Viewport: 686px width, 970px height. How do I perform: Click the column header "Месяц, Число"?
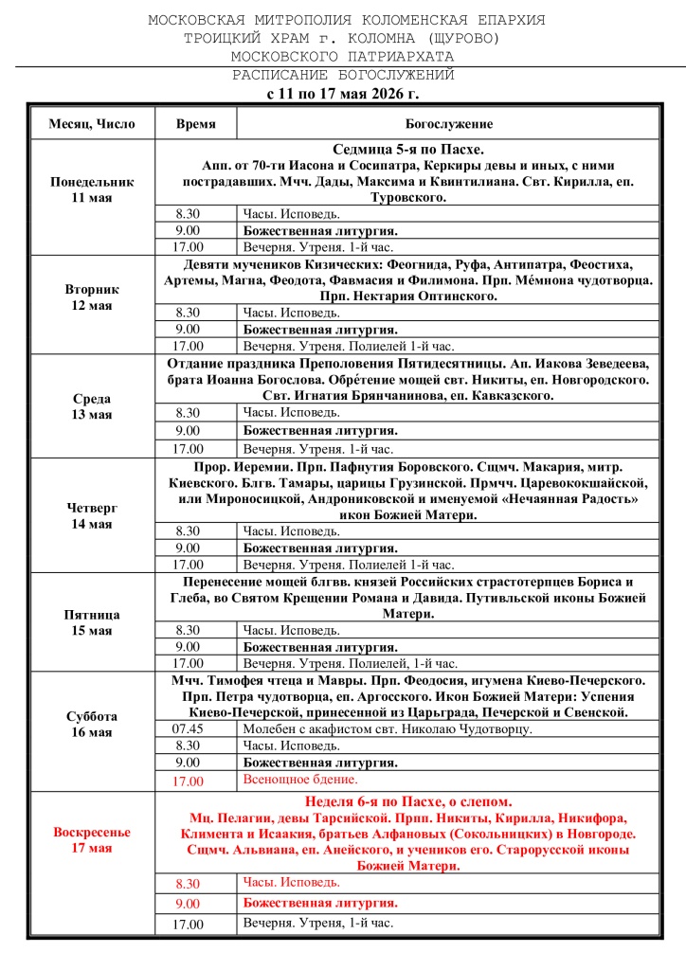point(92,124)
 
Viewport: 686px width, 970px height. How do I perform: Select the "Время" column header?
point(195,124)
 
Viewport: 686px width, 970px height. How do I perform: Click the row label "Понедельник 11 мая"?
point(92,189)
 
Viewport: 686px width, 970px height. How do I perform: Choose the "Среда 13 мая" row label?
point(92,406)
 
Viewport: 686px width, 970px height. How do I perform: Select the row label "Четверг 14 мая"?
point(92,516)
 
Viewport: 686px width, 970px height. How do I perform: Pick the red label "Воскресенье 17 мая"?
point(92,839)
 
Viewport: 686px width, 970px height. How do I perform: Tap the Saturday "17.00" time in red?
point(188,781)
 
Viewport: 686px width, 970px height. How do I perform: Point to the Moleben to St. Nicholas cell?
point(388,729)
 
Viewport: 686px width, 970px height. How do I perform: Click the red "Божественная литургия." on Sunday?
point(320,903)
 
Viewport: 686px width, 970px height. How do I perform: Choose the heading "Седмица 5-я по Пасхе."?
point(408,151)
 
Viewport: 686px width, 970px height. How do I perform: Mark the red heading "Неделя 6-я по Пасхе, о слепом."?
point(408,801)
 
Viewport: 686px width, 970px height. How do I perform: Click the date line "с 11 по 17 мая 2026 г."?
point(342,94)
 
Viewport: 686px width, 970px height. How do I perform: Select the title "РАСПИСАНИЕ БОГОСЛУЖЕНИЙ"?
point(344,75)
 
